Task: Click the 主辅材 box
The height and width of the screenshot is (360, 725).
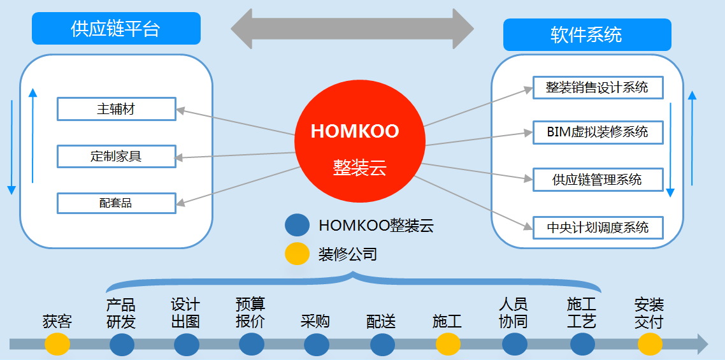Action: [116, 109]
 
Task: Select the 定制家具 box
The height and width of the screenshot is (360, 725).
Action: [116, 156]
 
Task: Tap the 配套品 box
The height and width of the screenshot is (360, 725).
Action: [116, 203]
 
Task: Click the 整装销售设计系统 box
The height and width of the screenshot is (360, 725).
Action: [598, 87]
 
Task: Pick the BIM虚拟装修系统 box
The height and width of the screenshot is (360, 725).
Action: [598, 132]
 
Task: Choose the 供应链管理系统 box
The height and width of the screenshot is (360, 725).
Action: [598, 180]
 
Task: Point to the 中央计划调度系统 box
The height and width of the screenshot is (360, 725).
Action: [598, 227]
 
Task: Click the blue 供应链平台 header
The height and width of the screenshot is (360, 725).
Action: [116, 29]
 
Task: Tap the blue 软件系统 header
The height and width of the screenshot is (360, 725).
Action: [587, 34]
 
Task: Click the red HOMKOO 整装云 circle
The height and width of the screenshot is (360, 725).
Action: [359, 142]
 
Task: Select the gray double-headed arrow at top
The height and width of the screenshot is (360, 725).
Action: [352, 29]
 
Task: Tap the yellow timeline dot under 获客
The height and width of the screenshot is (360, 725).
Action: [57, 345]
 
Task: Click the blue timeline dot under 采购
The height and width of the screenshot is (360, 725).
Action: [317, 345]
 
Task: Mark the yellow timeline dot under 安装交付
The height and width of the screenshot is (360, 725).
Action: [650, 345]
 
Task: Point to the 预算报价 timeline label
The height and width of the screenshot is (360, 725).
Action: [250, 313]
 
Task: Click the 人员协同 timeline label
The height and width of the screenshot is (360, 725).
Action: [513, 313]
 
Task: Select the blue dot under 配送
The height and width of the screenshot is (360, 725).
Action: [382, 345]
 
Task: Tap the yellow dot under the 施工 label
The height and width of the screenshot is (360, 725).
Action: [448, 345]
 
